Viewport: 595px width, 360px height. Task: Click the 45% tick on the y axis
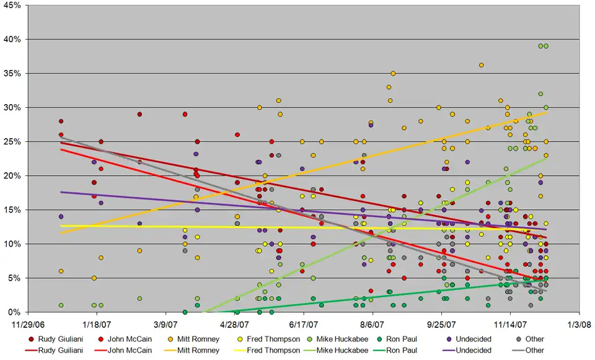click(x=13, y=6)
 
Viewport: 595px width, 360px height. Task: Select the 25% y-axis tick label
click(x=13, y=142)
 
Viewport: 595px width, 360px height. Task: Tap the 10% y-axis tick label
click(x=13, y=244)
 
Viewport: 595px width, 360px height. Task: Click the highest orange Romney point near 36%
click(x=481, y=65)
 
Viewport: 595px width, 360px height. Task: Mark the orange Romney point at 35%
click(x=393, y=73)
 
